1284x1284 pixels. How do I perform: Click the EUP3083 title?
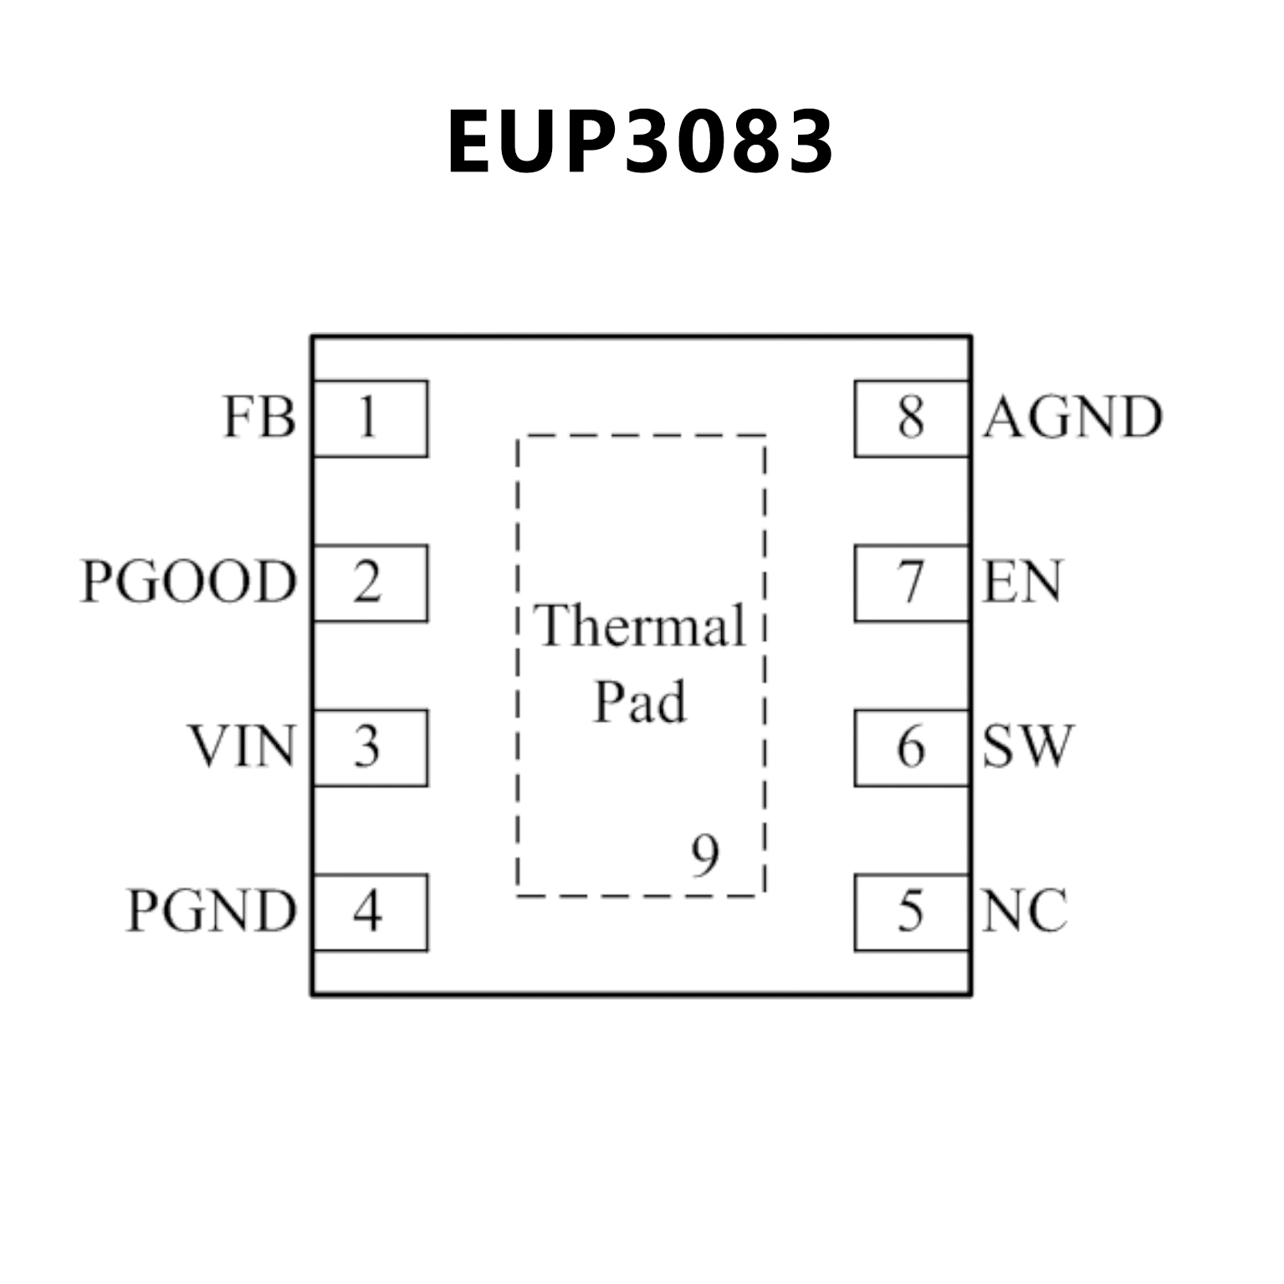coord(640,142)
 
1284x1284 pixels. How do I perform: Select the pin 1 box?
coord(370,418)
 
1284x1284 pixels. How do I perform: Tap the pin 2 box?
coord(370,583)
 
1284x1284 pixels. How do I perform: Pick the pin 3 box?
coord(370,748)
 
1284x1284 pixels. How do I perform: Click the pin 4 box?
coord(370,913)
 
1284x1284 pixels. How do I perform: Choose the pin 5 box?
coord(912,913)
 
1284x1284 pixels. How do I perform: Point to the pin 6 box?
coord(912,748)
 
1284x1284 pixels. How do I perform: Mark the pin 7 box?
coord(912,583)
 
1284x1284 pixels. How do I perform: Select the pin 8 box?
coord(912,418)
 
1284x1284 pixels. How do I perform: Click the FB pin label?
coord(259,417)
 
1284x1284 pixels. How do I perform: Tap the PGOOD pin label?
coord(189,582)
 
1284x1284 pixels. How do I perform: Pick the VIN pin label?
coord(242,747)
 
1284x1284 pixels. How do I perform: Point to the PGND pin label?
coord(212,912)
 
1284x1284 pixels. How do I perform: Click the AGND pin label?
coord(1073,417)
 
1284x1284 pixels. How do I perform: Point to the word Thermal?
coord(641,626)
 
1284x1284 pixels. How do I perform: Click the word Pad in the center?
coord(640,703)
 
